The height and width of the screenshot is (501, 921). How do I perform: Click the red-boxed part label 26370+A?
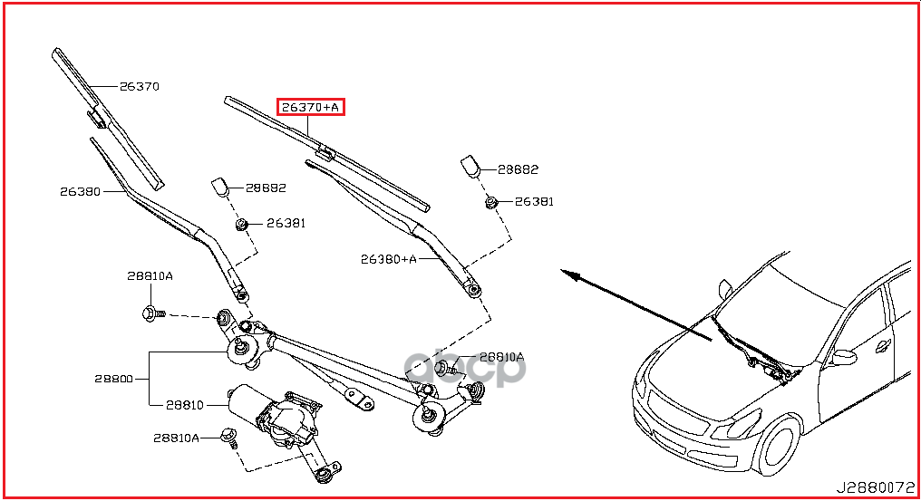[x=311, y=108]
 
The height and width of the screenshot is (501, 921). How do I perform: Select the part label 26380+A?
[x=388, y=259]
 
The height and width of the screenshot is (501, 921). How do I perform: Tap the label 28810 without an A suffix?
[x=185, y=405]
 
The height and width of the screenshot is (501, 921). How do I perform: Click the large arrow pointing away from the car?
[x=635, y=304]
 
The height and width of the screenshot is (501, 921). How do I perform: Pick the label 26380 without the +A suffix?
[x=81, y=191]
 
